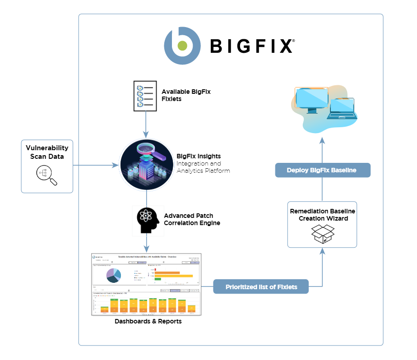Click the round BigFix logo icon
[182, 46]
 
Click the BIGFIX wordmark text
[252, 46]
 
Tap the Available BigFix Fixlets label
[186, 95]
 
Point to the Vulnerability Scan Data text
[47, 152]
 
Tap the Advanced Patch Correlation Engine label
[192, 219]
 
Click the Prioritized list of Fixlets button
[261, 286]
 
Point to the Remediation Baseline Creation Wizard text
[322, 215]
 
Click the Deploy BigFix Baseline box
[322, 170]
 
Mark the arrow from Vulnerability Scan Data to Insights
[95, 166]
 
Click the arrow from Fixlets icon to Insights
[146, 124]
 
